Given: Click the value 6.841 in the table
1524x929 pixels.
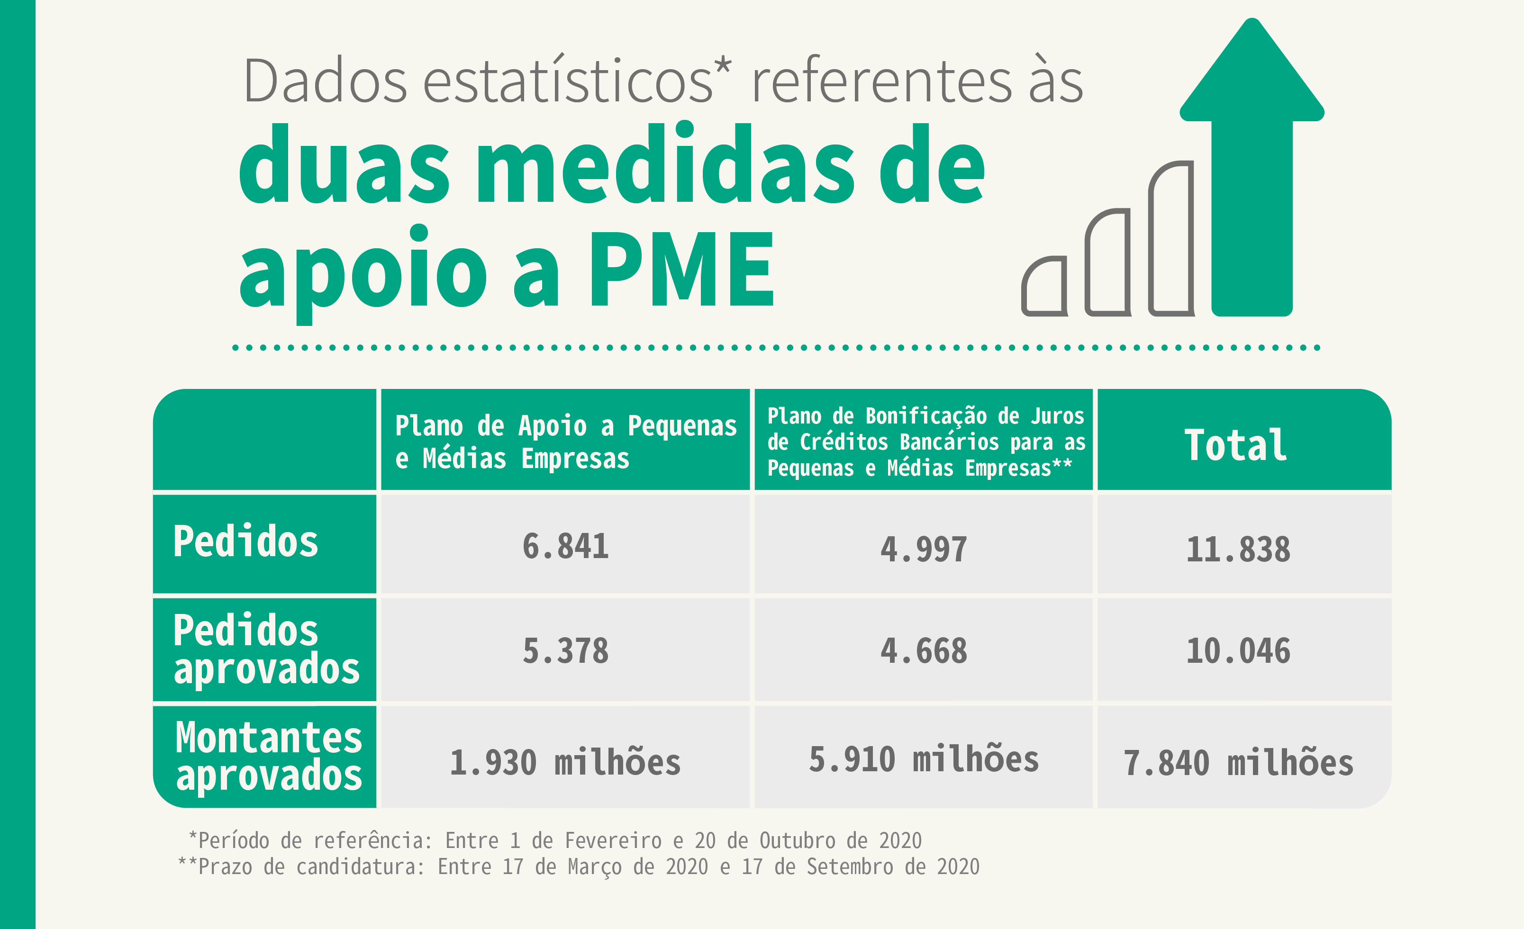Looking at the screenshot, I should [565, 546].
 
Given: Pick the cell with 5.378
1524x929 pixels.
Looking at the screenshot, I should [565, 650].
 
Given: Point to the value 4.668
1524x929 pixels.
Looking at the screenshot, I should [924, 650].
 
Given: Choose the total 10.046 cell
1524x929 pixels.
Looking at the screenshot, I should [1238, 650].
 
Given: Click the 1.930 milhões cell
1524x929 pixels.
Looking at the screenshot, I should [565, 762].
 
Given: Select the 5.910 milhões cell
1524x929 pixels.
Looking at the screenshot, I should [924, 759].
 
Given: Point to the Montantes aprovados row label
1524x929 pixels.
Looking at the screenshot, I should [268, 756].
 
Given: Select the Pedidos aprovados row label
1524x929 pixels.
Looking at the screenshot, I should [266, 649].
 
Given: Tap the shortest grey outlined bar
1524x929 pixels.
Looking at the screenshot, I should [1044, 287].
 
